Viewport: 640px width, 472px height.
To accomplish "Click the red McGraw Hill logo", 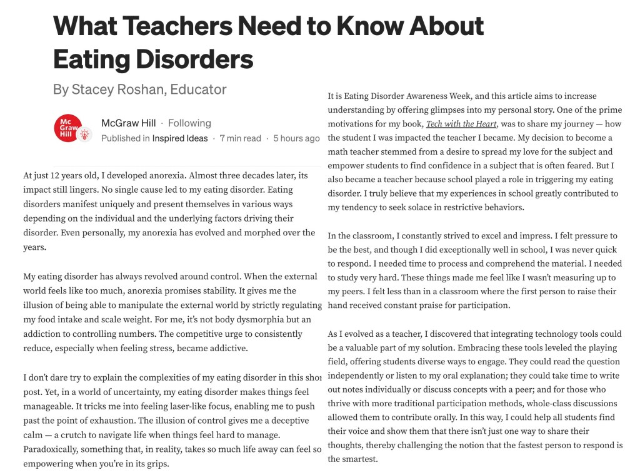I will tap(68, 128).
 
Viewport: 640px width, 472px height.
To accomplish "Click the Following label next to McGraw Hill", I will tap(189, 123).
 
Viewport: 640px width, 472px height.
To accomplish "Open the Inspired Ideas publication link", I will tap(180, 138).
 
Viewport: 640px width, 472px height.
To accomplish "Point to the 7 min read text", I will tap(241, 138).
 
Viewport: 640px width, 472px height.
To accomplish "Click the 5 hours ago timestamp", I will tap(296, 138).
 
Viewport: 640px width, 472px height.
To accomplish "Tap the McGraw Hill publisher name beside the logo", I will tap(129, 123).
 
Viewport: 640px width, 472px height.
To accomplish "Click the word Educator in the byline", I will tap(201, 90).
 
